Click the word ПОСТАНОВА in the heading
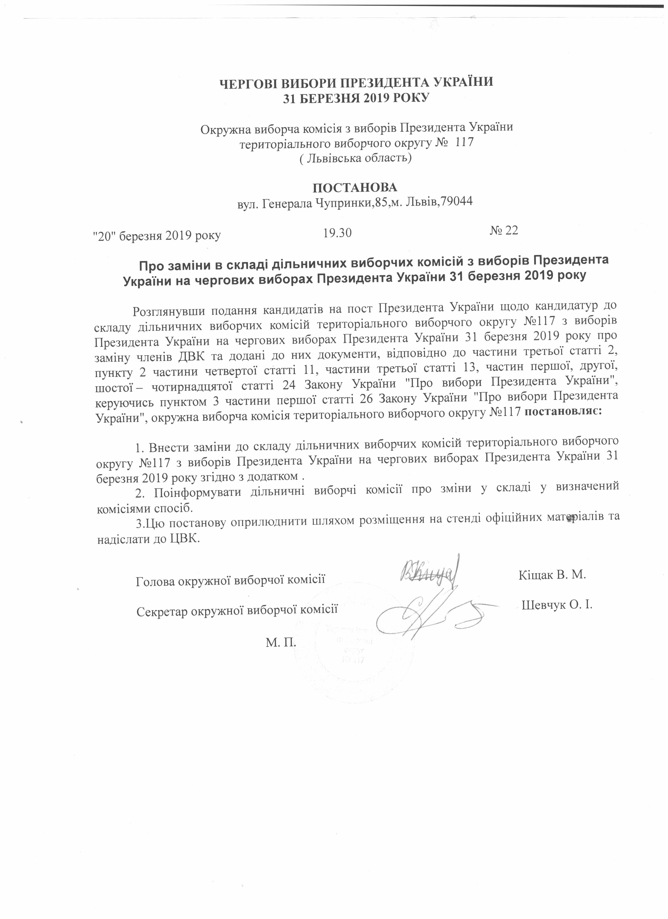(355, 187)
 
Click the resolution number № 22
(503, 230)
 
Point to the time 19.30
(337, 233)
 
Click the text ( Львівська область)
(355, 158)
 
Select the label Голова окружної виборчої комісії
(231, 581)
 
